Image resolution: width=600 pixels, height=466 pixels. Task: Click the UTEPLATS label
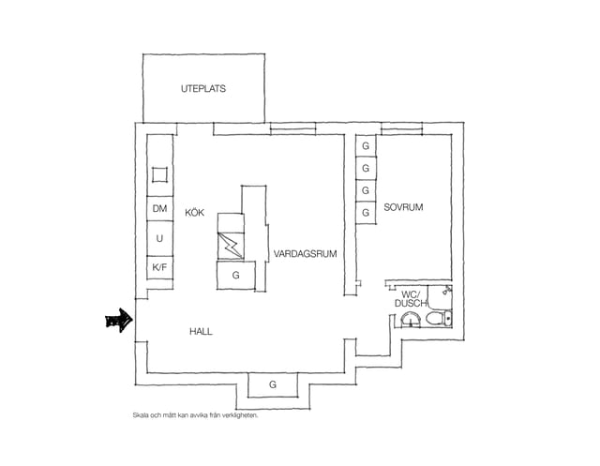pyautogui.click(x=203, y=89)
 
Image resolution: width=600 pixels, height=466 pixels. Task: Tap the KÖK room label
pyautogui.click(x=194, y=213)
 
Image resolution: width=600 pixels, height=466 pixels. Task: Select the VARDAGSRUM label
pyautogui.click(x=305, y=254)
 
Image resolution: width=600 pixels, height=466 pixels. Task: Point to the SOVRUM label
pyautogui.click(x=403, y=207)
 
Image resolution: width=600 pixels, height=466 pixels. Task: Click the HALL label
pyautogui.click(x=201, y=331)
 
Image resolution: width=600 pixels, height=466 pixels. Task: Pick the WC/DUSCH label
pyautogui.click(x=411, y=299)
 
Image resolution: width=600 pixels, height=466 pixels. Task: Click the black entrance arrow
pyautogui.click(x=119, y=321)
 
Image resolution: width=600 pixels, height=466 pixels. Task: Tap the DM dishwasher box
pyautogui.click(x=160, y=208)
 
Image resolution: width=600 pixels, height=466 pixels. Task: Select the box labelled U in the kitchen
pyautogui.click(x=160, y=238)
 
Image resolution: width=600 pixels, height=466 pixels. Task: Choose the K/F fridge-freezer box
pyautogui.click(x=160, y=267)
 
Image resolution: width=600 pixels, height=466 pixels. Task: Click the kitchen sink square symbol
pyautogui.click(x=159, y=174)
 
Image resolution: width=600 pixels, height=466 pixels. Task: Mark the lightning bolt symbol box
pyautogui.click(x=231, y=246)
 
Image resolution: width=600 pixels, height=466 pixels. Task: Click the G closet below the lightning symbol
pyautogui.click(x=236, y=275)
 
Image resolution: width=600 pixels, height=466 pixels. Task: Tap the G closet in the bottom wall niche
pyautogui.click(x=273, y=384)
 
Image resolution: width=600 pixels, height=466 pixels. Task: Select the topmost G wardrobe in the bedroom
pyautogui.click(x=366, y=145)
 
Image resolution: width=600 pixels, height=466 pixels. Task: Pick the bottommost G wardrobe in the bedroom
pyautogui.click(x=366, y=213)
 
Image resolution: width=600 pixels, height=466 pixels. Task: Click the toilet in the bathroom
pyautogui.click(x=439, y=318)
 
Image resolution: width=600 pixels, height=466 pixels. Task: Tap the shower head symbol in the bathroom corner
pyautogui.click(x=447, y=290)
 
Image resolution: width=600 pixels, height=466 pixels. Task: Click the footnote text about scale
pyautogui.click(x=196, y=415)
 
